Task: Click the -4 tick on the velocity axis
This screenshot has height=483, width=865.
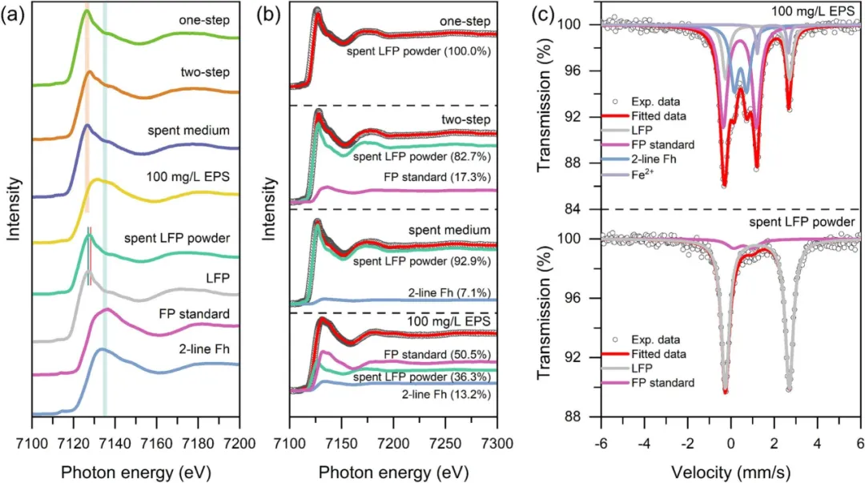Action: coord(644,442)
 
